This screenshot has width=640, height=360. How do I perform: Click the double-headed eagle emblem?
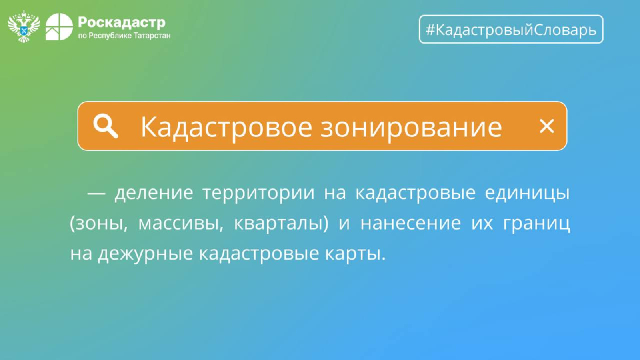[x=24, y=26]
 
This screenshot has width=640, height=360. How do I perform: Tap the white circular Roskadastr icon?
[x=59, y=27]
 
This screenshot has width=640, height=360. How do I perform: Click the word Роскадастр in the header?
[x=122, y=23]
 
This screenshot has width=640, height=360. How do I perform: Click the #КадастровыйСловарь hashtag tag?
[x=511, y=29]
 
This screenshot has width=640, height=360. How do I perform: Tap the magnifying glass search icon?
[x=106, y=126]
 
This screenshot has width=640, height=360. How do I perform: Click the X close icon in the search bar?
[x=547, y=126]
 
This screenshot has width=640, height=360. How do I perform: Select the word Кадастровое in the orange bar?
[x=226, y=128]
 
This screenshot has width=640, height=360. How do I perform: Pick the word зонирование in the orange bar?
[x=411, y=128]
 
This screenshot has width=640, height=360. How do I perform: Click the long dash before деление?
[x=96, y=194]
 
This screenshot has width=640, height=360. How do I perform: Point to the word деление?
[x=154, y=193]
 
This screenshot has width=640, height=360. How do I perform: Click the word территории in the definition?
[x=258, y=193]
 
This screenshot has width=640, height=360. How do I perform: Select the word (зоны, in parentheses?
[x=99, y=223]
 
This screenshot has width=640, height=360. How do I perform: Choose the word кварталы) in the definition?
[x=281, y=223]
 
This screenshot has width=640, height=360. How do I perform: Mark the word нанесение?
[x=410, y=223]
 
